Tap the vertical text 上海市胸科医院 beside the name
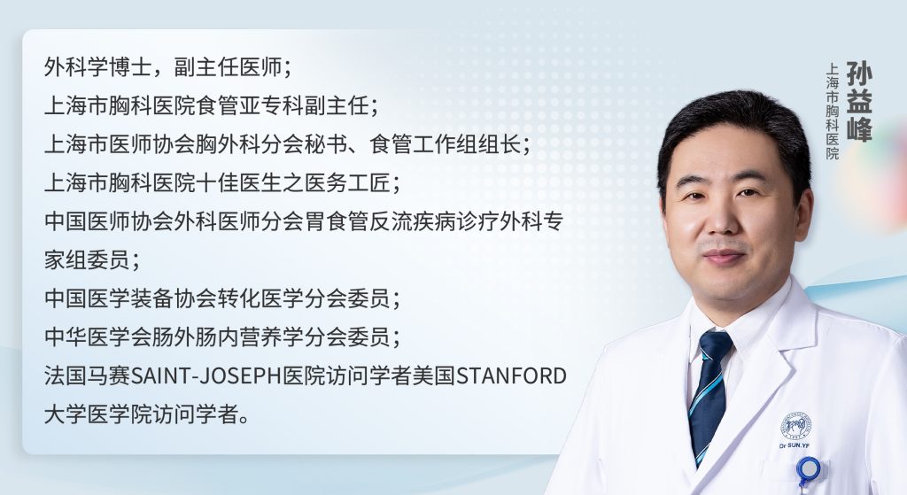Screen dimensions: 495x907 (x=832, y=111)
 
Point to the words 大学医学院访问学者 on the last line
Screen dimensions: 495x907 (x=141, y=414)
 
